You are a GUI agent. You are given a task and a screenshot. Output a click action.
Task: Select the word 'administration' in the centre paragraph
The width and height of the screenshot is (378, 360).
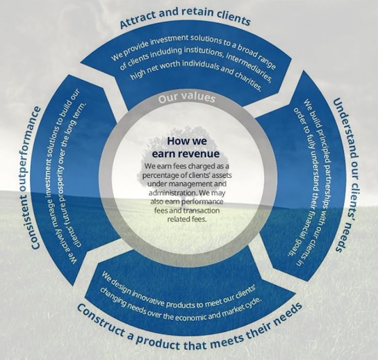coord(173,193)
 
